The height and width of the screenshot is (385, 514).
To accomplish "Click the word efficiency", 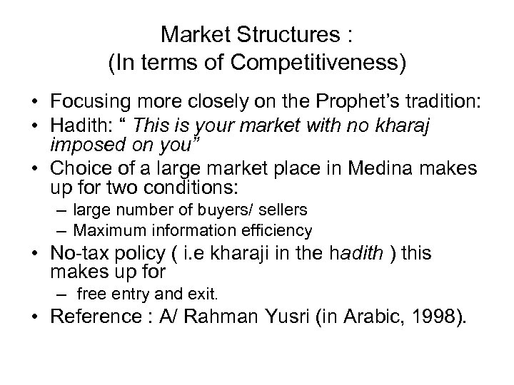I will coord(276,230).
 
